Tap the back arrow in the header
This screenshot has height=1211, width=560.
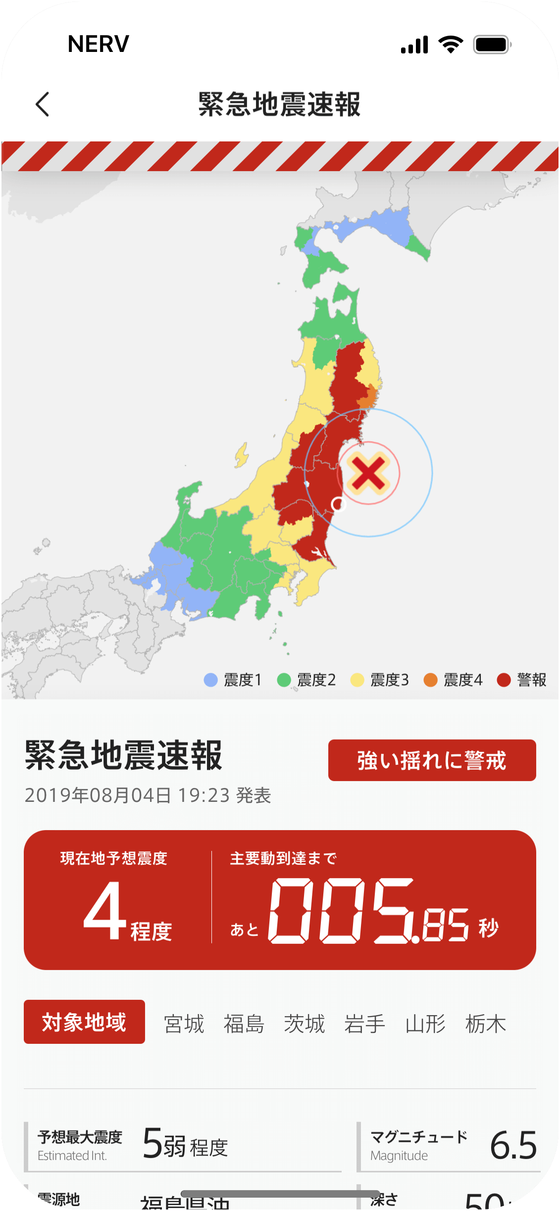(x=43, y=104)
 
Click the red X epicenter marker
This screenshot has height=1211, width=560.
(x=368, y=473)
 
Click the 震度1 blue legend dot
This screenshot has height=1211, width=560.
(x=211, y=680)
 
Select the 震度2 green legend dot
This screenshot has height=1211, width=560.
(x=284, y=680)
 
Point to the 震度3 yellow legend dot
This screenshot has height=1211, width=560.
(x=357, y=680)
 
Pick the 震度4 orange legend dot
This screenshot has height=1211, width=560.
(x=431, y=680)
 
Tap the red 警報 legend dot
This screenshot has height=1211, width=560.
(x=504, y=680)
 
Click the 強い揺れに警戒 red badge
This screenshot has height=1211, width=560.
(x=432, y=760)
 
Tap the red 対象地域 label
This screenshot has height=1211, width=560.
(x=84, y=1022)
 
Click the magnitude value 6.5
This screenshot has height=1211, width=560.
(x=513, y=1146)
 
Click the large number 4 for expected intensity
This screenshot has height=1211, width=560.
(x=105, y=910)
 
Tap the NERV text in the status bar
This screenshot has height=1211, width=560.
(x=99, y=44)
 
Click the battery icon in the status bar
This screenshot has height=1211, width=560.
(x=492, y=45)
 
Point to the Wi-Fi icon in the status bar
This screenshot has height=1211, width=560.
(x=451, y=45)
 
